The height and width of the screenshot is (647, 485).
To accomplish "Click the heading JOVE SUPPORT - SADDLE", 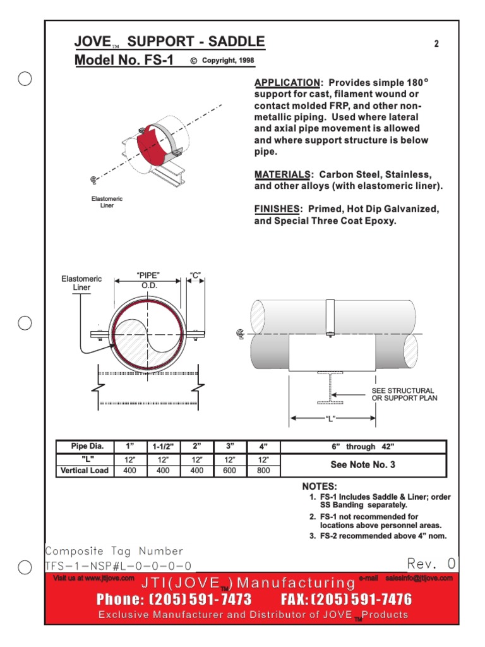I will (x=169, y=42).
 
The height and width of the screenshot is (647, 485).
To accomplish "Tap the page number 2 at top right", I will (x=436, y=44).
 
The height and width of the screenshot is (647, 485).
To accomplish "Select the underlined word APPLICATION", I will (x=287, y=83).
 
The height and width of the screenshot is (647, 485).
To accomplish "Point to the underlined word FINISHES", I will (x=277, y=209).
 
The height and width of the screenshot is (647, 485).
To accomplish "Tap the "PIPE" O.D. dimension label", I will (x=148, y=281).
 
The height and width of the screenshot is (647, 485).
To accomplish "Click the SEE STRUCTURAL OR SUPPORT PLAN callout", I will (x=404, y=394).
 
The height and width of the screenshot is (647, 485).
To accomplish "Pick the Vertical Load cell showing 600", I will (x=230, y=471).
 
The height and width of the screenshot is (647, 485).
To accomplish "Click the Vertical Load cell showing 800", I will (x=263, y=471).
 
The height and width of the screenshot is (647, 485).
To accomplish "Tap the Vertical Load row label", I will (x=84, y=471).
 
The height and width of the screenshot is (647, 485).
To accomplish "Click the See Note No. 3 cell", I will (x=362, y=465).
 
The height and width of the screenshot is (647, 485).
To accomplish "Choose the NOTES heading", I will (x=320, y=487).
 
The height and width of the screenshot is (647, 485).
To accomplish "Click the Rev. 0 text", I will (x=431, y=563).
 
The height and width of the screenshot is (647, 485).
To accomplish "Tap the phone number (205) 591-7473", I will (x=174, y=599).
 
